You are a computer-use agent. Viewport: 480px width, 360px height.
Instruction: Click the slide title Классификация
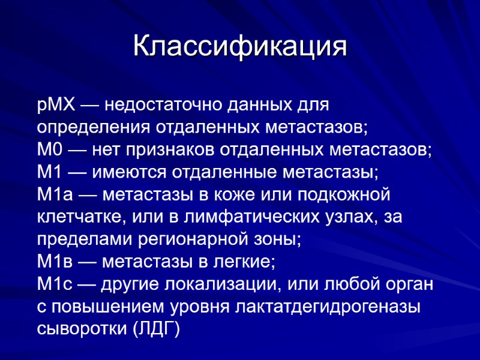240,46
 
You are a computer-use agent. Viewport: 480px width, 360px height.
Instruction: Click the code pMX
56,106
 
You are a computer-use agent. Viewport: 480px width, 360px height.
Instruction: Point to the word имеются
130,172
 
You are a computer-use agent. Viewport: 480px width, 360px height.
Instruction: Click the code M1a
53,194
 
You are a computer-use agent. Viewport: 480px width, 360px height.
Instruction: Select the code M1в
53,261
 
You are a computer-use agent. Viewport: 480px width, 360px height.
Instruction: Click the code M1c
53,283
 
